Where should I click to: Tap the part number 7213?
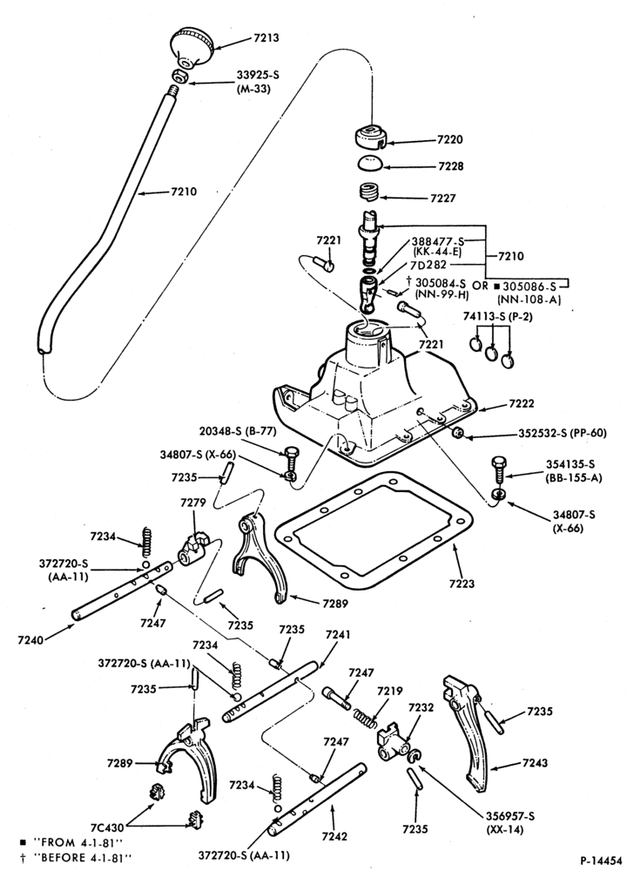coord(266,38)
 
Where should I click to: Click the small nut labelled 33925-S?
coord(179,76)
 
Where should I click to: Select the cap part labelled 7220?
coord(370,138)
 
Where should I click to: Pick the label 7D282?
coord(428,265)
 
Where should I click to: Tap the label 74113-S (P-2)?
coord(492,315)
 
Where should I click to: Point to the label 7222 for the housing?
coord(521,403)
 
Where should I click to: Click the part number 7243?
coord(535,763)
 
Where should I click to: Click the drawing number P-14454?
coord(602,861)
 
